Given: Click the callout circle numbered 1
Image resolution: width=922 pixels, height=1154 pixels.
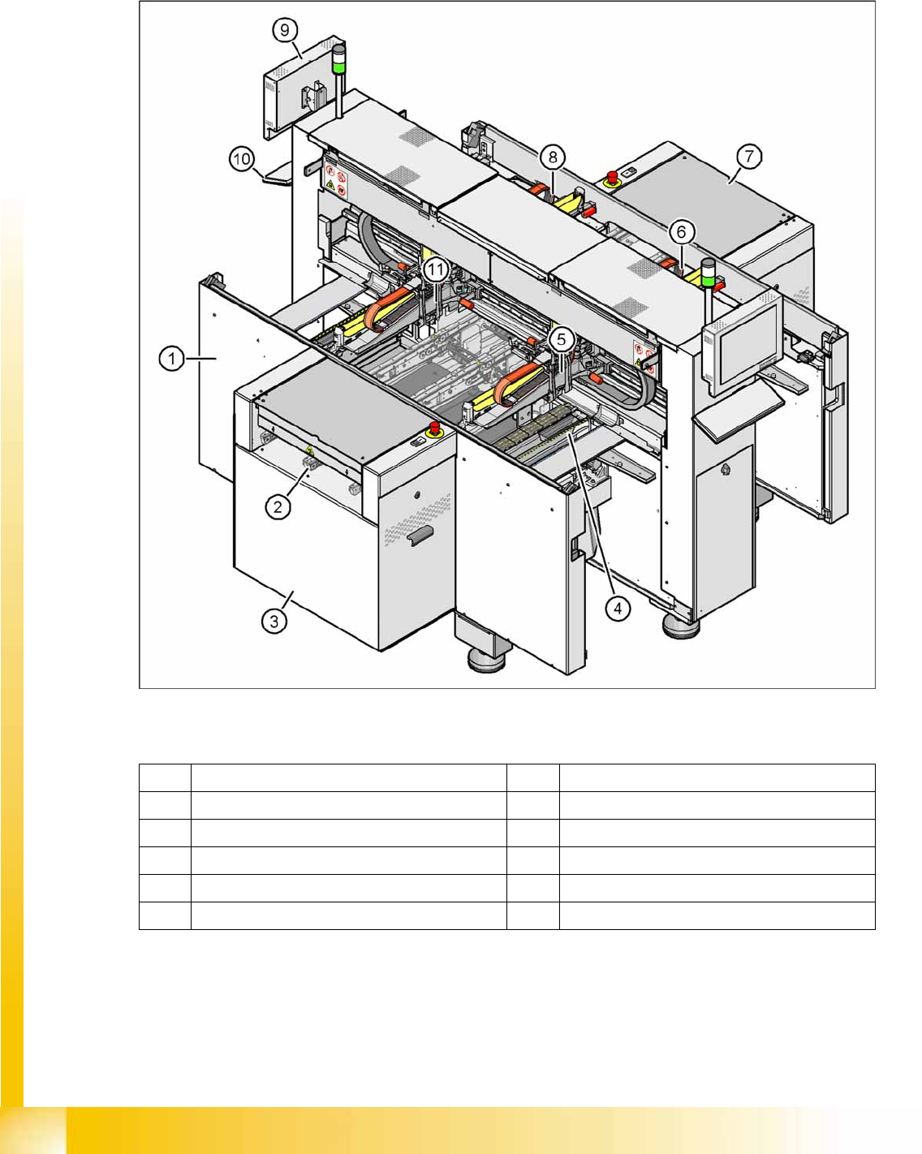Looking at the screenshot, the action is pos(171,358).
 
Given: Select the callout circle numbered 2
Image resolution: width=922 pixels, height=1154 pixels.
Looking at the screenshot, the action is pos(278,506).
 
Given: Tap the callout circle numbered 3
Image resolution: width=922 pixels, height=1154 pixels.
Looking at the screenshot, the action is pos(274,622).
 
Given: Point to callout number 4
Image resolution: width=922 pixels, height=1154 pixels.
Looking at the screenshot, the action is pos(618,609).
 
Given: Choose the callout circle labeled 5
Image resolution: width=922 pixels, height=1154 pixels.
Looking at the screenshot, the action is pos(561,339).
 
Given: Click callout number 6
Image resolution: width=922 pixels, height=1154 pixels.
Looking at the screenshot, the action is pos(681,232).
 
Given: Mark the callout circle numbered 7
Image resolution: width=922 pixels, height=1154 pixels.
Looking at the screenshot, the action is pos(749,157).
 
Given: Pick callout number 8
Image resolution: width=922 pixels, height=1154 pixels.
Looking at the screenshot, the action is pos(553,157).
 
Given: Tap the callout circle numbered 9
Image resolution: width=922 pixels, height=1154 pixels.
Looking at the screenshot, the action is pos(285,30).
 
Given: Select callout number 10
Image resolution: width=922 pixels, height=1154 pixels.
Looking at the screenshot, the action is pos(242,159).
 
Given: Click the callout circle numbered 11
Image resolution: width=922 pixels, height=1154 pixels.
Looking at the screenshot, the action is pos(436,269).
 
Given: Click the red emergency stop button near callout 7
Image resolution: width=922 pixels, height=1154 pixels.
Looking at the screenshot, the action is pos(611,178).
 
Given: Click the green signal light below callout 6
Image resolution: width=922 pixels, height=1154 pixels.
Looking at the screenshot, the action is pos(709,279).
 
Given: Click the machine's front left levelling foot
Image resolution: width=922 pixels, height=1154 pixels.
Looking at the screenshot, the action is pos(486,660).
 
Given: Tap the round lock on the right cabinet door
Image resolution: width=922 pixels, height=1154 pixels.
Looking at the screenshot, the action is pos(726,470).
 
